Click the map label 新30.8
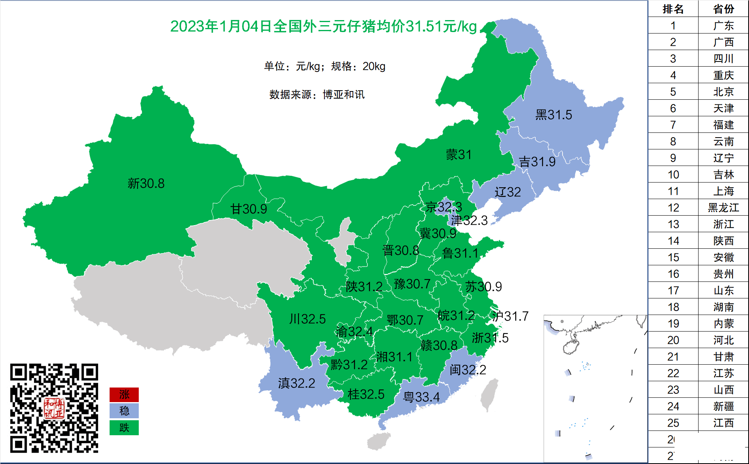[x=146, y=183]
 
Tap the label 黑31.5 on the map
[x=553, y=115]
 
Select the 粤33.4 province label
[x=421, y=397]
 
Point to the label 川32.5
[x=307, y=319]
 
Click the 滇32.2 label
[x=296, y=383]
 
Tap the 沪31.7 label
[x=510, y=316]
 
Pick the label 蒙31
[x=458, y=155]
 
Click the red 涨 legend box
[x=124, y=395]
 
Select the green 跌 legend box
[x=124, y=428]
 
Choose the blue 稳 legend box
[x=124, y=411]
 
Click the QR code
[x=54, y=408]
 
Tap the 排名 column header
[x=673, y=9]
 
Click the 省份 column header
[x=723, y=9]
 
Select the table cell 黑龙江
[x=723, y=208]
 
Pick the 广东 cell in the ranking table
[x=723, y=26]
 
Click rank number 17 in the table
[x=673, y=291]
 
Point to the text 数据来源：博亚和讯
[x=317, y=95]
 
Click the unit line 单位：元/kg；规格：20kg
[x=324, y=66]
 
